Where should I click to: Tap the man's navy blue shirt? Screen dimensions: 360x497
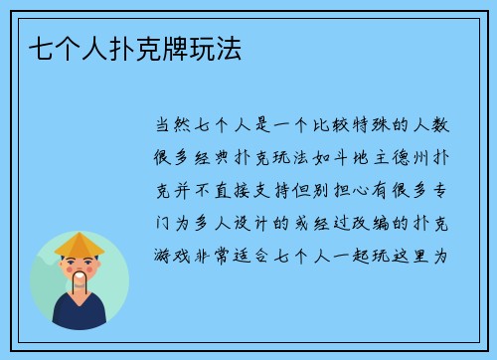80,312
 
